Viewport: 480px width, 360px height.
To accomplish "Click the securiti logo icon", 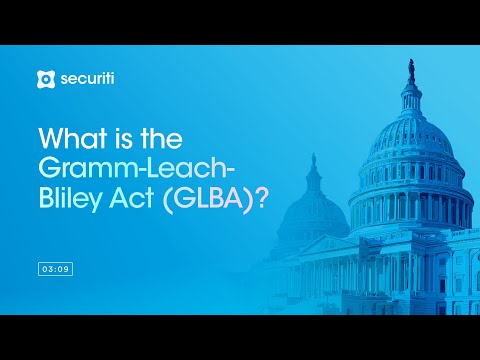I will point(44,78).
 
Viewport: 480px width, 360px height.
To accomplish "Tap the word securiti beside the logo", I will point(84,78).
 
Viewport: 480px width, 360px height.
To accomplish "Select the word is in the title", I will point(119,138).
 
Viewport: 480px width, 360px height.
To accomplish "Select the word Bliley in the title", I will point(72,197).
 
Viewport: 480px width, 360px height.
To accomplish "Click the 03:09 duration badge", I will point(55,269).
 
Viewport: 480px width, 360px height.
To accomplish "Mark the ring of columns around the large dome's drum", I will point(410,181).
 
